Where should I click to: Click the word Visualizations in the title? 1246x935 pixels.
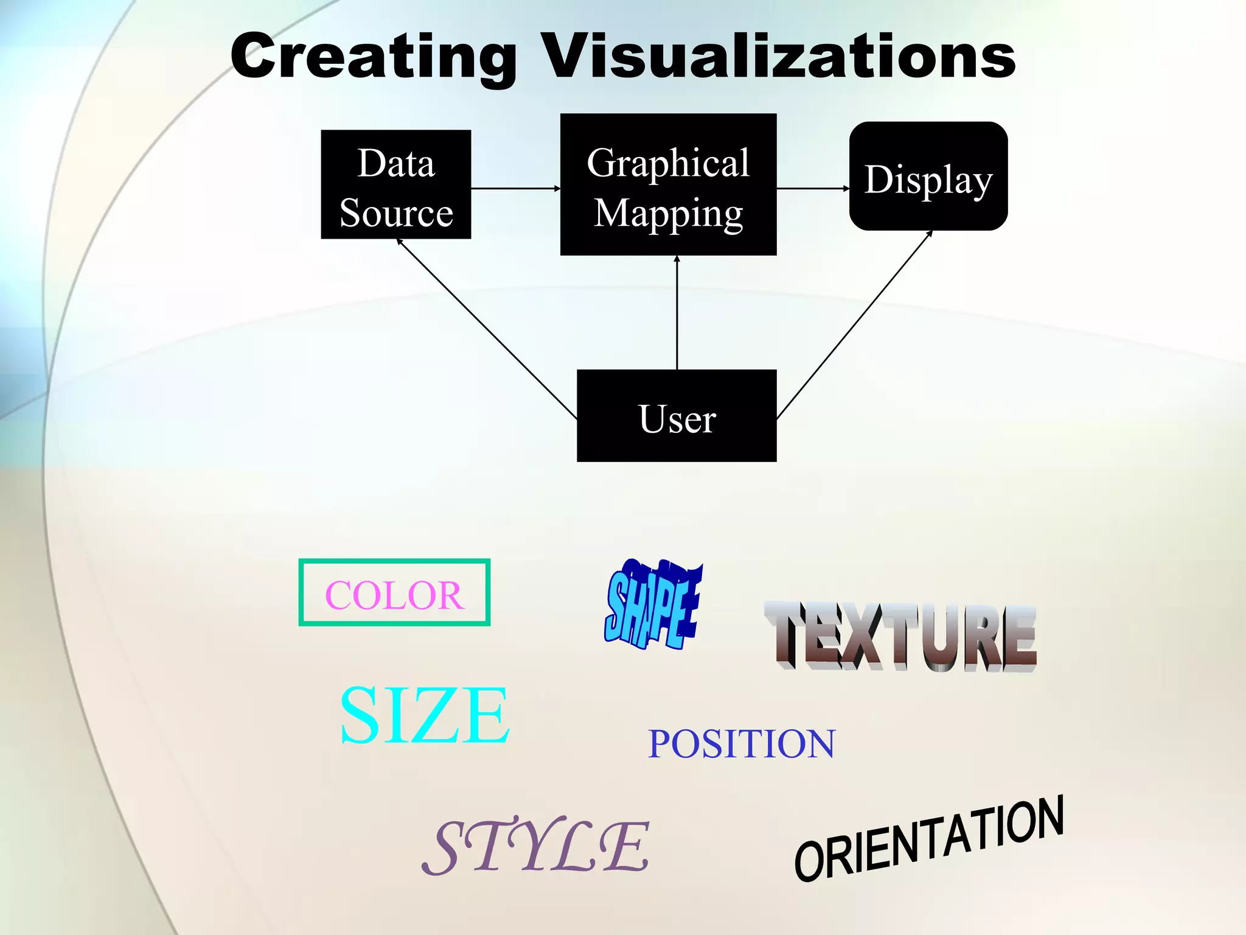[778, 57]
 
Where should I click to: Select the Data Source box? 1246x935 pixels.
[396, 184]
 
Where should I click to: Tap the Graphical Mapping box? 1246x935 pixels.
[668, 184]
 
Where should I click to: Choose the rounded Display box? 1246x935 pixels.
[928, 177]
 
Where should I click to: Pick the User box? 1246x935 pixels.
[677, 416]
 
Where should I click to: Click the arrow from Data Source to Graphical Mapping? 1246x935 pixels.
[515, 189]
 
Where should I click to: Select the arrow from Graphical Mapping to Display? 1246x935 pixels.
[813, 189]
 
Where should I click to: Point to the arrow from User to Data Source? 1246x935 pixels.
[487, 329]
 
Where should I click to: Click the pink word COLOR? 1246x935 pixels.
[394, 595]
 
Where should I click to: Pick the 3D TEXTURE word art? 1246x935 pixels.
[900, 637]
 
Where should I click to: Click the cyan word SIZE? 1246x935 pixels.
[424, 715]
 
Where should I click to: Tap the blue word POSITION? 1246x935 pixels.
[742, 743]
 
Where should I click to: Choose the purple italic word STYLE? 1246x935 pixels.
[536, 846]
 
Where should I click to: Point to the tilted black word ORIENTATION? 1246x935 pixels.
[929, 839]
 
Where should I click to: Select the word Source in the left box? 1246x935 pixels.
[396, 213]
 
